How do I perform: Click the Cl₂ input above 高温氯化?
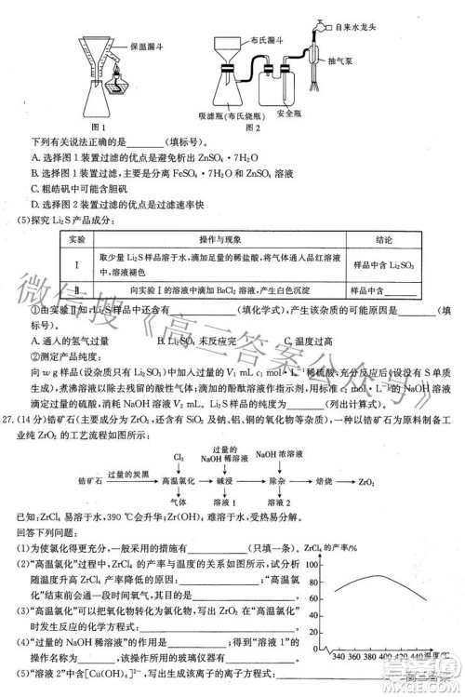pos(178,456)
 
